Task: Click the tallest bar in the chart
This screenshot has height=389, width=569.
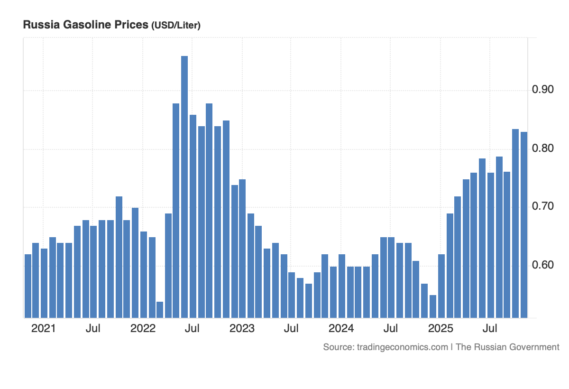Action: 184,187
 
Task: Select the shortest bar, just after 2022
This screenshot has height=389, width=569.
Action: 160,309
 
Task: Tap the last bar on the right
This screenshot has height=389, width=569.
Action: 524,225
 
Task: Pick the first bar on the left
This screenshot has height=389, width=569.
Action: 28,286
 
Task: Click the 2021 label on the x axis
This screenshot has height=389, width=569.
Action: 43,328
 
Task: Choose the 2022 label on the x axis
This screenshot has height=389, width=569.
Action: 143,328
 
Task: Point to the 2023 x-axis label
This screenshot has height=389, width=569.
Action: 242,328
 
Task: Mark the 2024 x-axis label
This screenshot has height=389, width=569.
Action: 341,328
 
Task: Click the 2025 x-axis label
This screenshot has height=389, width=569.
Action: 441,328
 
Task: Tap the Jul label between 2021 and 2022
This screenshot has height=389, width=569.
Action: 93,328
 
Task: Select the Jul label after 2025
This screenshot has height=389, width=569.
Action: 490,328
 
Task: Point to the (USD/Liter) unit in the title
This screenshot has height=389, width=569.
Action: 175,26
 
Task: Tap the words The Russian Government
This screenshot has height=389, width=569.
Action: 507,347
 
